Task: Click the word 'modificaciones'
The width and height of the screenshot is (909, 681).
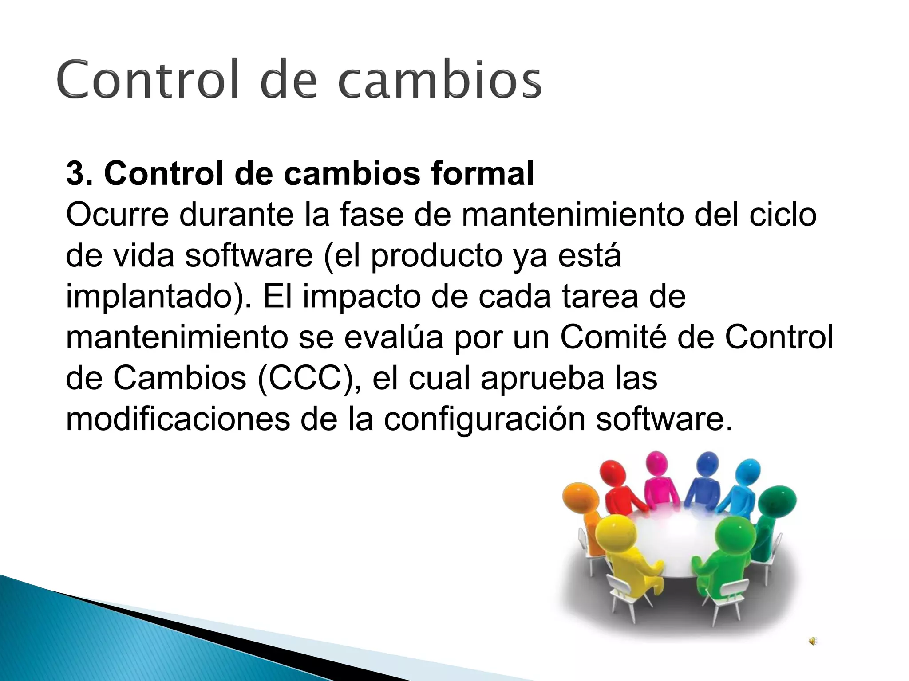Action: [x=178, y=419]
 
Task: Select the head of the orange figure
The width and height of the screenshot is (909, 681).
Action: [x=580, y=497]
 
